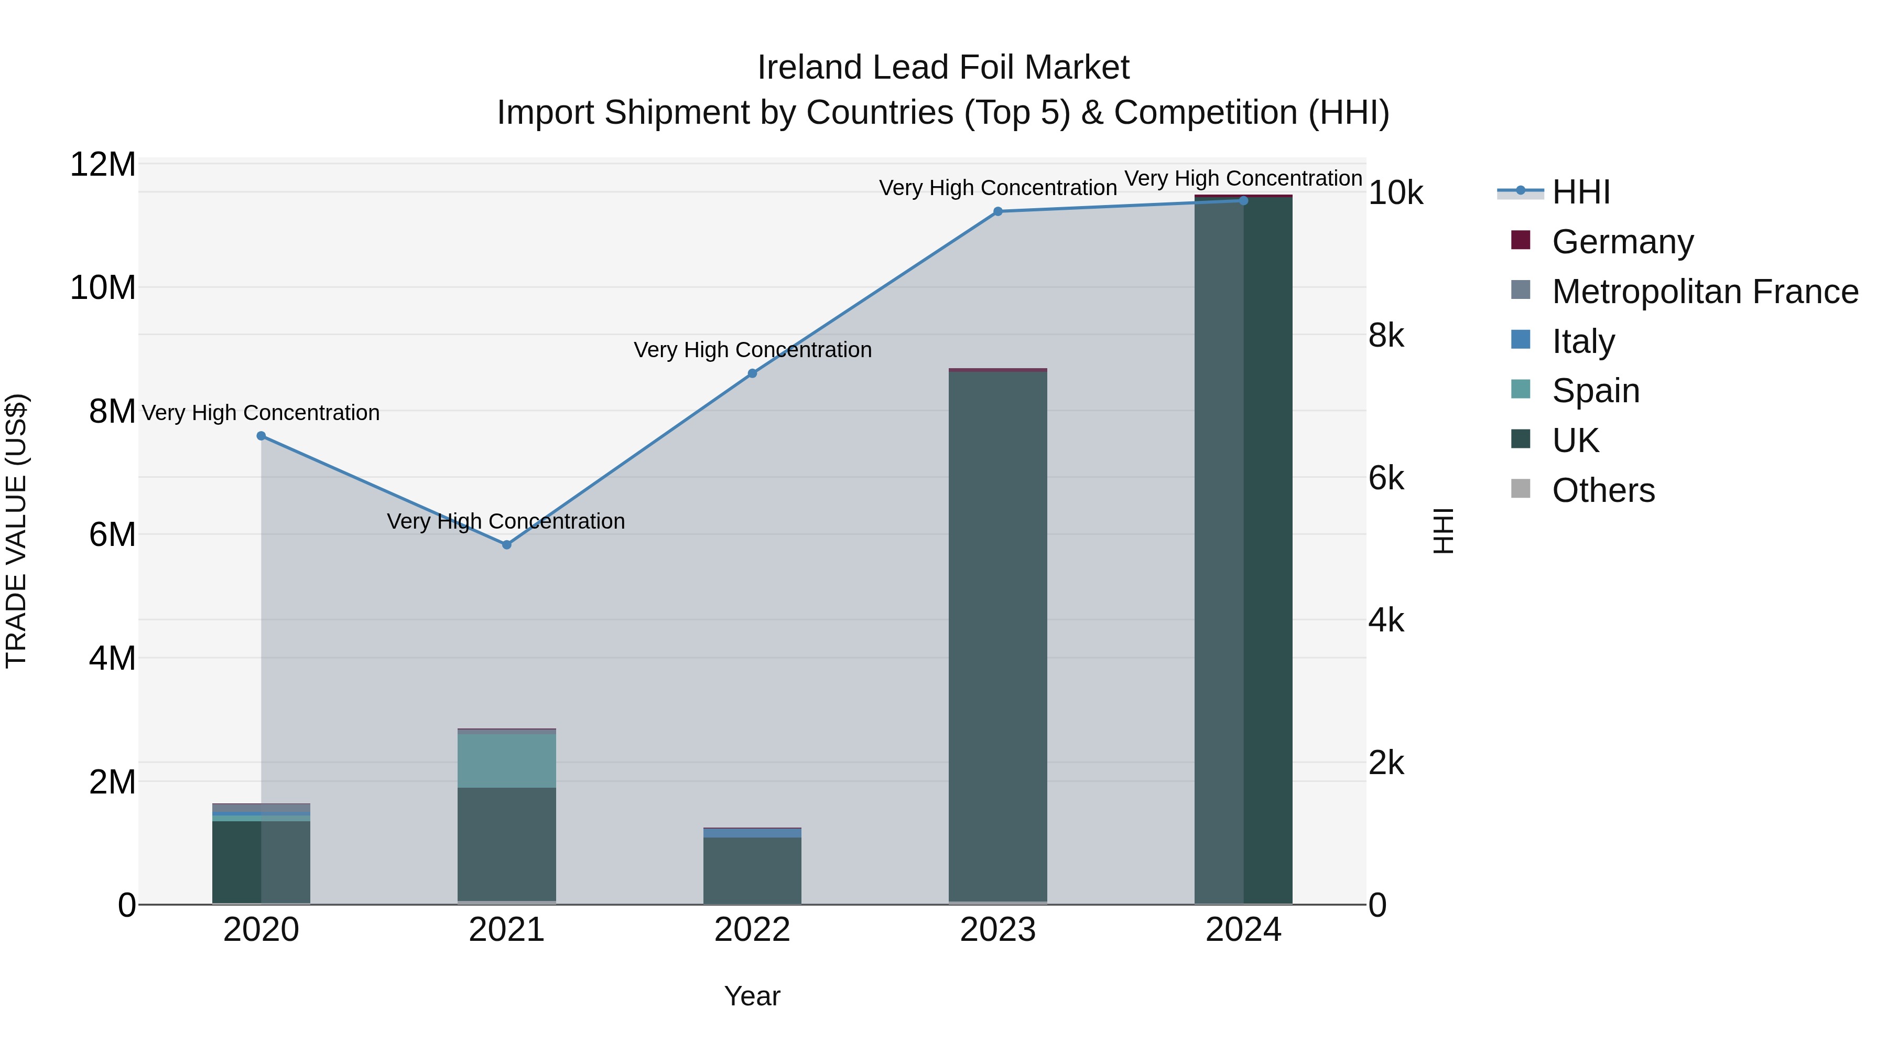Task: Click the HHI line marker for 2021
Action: pos(506,544)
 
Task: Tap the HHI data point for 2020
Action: pos(261,436)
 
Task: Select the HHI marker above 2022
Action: pos(752,373)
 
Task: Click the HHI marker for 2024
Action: pos(1243,201)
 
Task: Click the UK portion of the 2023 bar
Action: pos(997,638)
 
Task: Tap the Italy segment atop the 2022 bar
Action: pos(752,833)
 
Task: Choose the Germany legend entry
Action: pos(1622,242)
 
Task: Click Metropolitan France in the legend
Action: pos(1704,292)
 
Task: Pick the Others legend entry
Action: pos(1603,490)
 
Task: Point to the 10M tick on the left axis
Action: pos(103,287)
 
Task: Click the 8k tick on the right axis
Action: pos(1386,336)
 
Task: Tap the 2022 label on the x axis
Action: pos(752,930)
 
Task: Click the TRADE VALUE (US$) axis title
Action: pos(16,531)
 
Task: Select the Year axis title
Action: pos(752,996)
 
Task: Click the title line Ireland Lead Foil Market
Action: pos(943,68)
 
